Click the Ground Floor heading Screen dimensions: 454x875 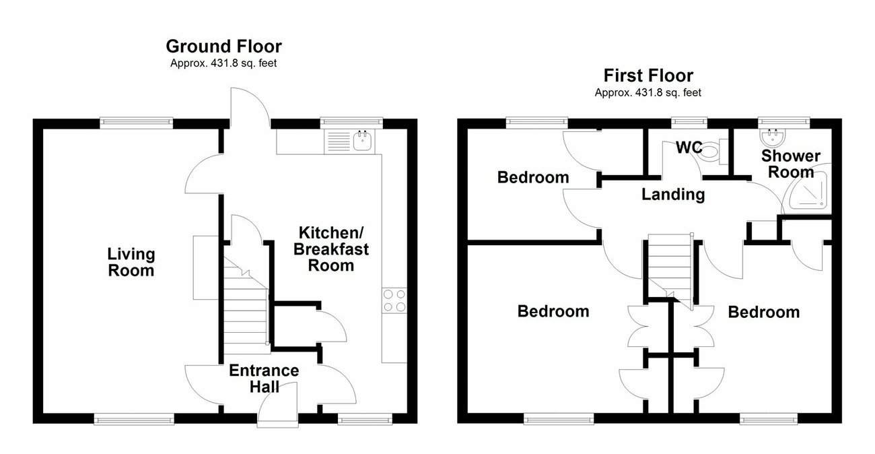[223, 46]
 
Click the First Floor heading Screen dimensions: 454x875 [648, 75]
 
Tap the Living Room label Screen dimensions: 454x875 [131, 263]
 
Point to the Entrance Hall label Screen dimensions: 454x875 [264, 379]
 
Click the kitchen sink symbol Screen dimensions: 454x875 [362, 141]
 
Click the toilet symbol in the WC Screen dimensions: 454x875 [714, 151]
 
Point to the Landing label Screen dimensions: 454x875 [672, 195]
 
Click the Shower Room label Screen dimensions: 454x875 [791, 164]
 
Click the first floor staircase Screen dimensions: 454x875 [670, 266]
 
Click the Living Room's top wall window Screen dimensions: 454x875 [137, 122]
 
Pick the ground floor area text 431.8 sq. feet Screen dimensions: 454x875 [223, 64]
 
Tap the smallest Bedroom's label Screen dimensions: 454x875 [533, 178]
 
